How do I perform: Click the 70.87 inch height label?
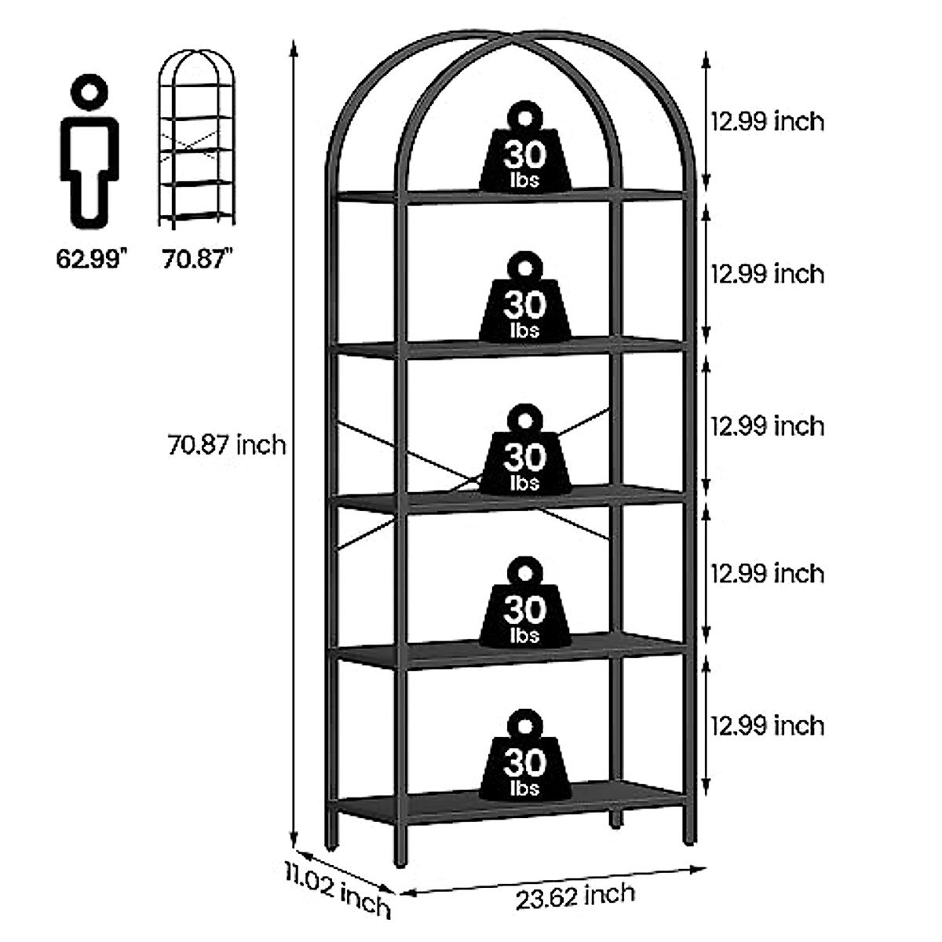(227, 445)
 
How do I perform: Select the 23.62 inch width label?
(575, 896)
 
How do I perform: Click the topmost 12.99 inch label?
(767, 122)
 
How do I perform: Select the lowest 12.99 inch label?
(767, 725)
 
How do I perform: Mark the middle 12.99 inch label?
(767, 426)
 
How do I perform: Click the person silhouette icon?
(90, 149)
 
